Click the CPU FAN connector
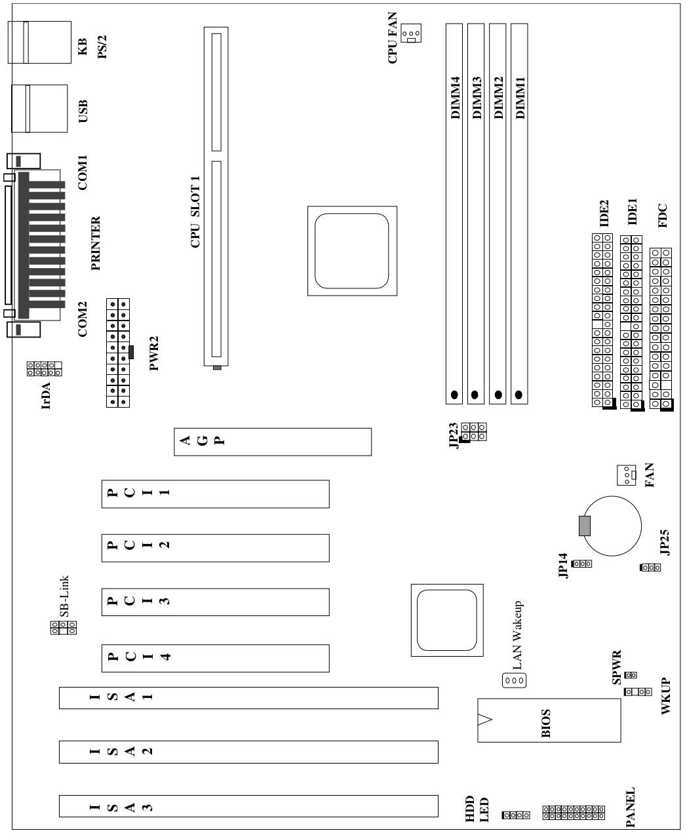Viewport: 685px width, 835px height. coord(410,33)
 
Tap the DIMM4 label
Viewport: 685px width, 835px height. coord(456,98)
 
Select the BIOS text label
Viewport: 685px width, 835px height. coord(546,724)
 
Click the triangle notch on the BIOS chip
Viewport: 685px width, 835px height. coord(484,720)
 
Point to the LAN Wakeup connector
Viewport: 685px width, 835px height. coord(514,680)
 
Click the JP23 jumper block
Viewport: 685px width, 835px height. coord(473,432)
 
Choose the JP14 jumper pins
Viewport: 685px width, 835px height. coord(581,564)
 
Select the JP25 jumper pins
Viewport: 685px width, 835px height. coord(650,568)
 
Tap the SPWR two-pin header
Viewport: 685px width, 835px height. coord(631,675)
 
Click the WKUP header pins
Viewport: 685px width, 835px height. coord(638,691)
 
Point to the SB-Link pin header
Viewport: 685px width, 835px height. coord(64,627)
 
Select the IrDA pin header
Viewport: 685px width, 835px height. coord(45,368)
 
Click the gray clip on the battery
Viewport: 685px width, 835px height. coord(585,526)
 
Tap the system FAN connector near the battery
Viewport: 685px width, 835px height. coord(627,475)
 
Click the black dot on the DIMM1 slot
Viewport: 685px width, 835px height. coord(519,395)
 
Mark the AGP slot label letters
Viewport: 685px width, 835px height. coord(203,440)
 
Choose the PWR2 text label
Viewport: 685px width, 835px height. coord(153,353)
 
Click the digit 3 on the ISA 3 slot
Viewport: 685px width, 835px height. coord(147,807)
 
